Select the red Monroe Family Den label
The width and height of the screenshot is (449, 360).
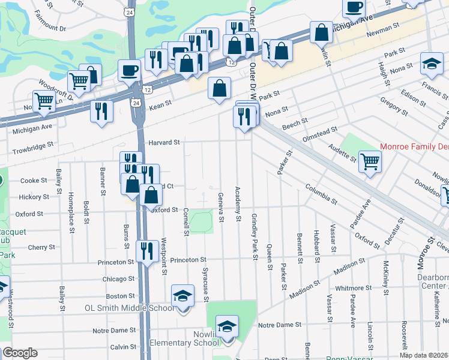[415, 146]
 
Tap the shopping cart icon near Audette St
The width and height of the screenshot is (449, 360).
[370, 161]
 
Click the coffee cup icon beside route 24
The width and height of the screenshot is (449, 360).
[129, 71]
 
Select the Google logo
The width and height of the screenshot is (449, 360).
[20, 353]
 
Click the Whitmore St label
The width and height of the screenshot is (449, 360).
[350, 288]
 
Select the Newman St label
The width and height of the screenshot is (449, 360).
[385, 27]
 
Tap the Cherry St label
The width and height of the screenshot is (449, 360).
[41, 247]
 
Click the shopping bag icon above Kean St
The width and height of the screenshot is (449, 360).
[220, 89]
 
